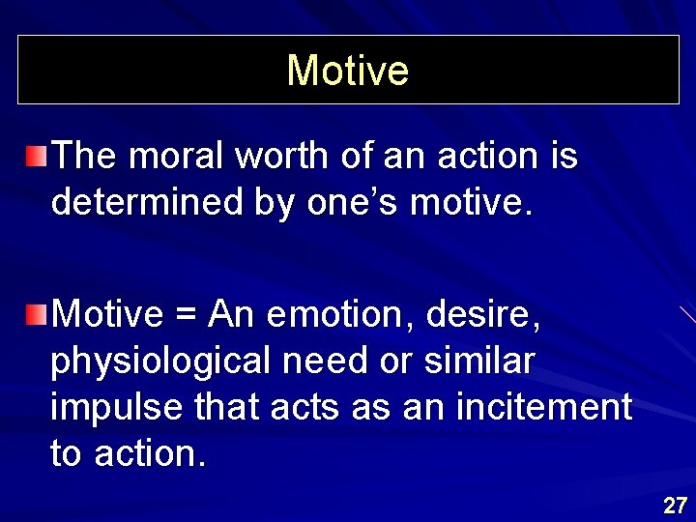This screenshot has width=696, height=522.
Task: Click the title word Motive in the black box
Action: tap(348, 70)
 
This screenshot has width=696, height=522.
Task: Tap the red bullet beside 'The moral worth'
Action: tap(36, 154)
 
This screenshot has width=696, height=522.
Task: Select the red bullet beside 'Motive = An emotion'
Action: tap(36, 313)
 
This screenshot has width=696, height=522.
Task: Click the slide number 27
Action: tap(675, 505)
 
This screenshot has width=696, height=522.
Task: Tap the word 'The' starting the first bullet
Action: tap(84, 156)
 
